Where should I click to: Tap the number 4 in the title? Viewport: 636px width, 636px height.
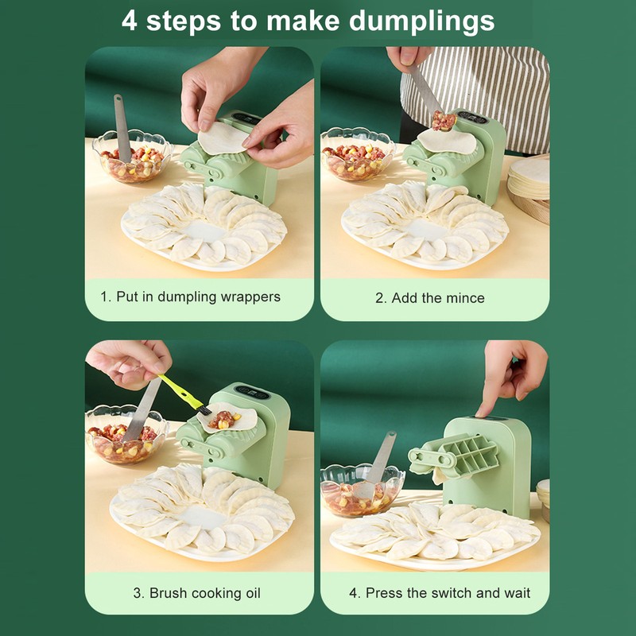[x=130, y=20]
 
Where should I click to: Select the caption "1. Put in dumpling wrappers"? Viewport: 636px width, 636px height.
[x=190, y=297]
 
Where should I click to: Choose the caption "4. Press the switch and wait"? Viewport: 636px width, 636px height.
[x=439, y=592]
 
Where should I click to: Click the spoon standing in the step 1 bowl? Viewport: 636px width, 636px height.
[x=122, y=127]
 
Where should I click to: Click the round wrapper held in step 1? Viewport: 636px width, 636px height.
[x=223, y=138]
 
